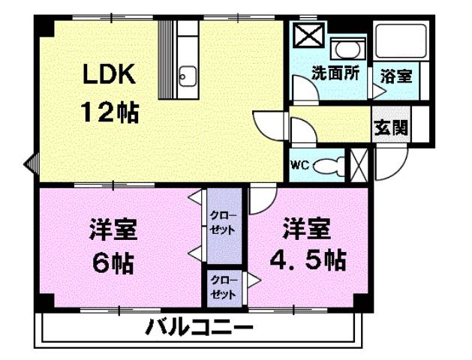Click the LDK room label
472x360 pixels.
click(x=109, y=76)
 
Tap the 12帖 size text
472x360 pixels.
click(x=110, y=112)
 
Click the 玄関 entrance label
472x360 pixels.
click(x=392, y=127)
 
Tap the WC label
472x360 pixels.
click(x=300, y=165)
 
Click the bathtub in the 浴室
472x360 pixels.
click(x=401, y=45)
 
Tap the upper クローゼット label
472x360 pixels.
click(x=224, y=222)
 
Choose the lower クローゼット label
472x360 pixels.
click(x=224, y=288)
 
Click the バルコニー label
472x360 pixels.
click(x=199, y=328)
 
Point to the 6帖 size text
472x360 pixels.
click(x=113, y=262)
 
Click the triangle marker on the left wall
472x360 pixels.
click(x=30, y=163)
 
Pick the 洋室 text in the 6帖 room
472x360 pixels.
click(x=113, y=227)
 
